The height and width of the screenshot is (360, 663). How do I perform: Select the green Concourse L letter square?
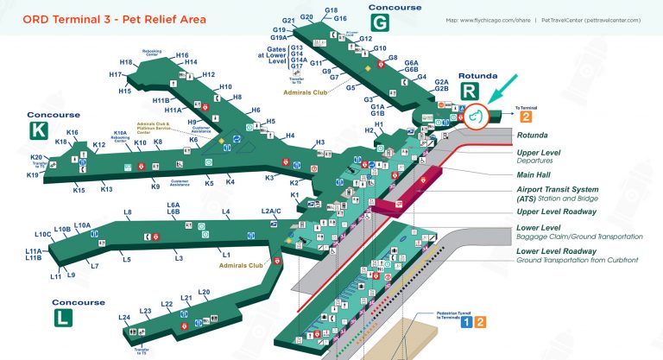[x=64, y=318]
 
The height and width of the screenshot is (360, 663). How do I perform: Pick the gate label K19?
[x=32, y=175]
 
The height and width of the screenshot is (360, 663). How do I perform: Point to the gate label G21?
[x=289, y=20]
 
